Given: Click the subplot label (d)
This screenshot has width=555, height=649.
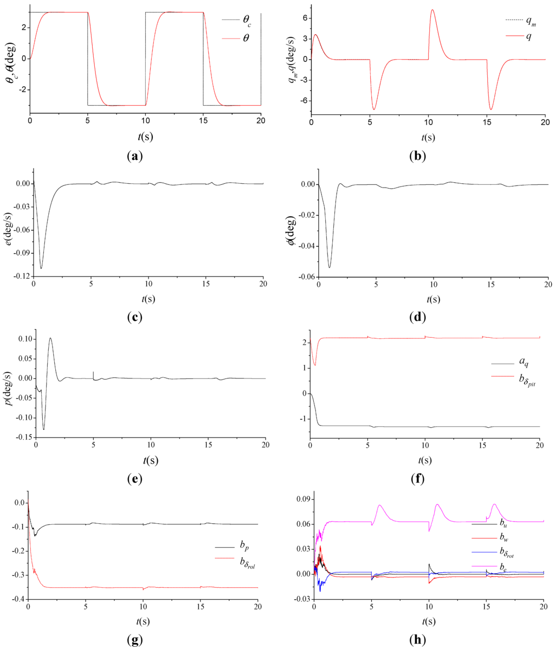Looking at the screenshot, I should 417,317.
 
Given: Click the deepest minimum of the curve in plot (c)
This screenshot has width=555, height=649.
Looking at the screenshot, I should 41,268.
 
